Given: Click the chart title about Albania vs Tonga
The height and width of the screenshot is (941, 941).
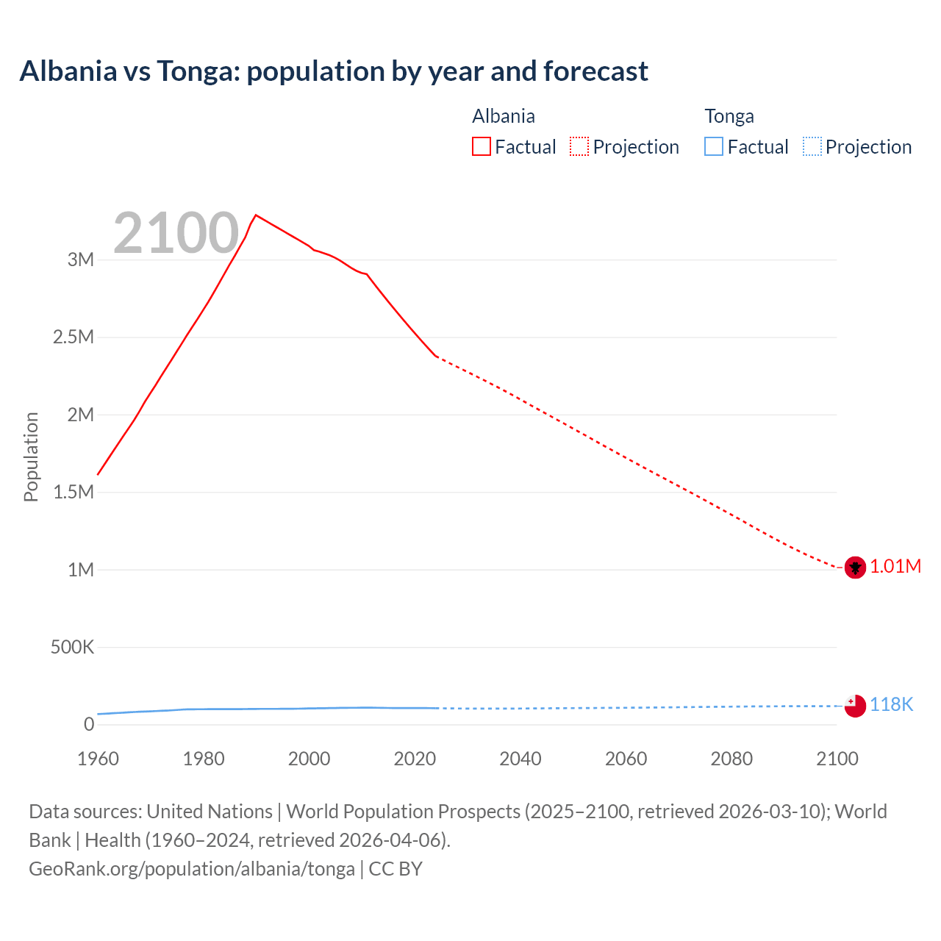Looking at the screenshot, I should (x=334, y=71).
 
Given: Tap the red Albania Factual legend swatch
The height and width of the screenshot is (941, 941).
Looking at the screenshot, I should (x=481, y=147).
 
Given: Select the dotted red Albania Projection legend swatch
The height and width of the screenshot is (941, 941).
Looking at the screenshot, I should (x=579, y=147).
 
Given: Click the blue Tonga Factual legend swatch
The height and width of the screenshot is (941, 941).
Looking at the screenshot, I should (x=714, y=147).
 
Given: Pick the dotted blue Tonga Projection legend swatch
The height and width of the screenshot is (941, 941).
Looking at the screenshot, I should (x=812, y=147).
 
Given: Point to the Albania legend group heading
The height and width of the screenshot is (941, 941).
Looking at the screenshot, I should (x=504, y=116).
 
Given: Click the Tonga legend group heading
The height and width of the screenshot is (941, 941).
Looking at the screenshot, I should (x=729, y=116).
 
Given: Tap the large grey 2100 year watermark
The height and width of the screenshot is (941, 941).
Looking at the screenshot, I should (x=176, y=233).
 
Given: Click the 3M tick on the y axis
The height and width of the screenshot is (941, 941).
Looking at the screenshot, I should (x=81, y=260).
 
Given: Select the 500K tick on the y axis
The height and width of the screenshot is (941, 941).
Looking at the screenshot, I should (x=72, y=647).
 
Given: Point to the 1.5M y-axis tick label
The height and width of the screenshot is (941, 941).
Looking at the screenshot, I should (x=74, y=492).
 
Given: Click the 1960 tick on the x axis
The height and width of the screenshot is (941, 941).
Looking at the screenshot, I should (x=98, y=759).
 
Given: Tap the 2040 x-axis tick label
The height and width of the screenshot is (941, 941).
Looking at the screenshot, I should (x=520, y=759).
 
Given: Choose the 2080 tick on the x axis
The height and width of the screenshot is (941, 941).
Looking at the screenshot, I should (x=731, y=759).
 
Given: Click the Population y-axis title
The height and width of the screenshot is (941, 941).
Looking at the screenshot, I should (x=31, y=457).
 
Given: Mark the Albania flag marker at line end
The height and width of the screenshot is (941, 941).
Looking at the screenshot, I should (x=855, y=568).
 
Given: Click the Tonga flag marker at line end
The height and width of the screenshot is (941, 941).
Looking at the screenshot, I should (x=855, y=706).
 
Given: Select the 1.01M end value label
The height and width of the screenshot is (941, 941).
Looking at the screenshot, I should (x=895, y=566).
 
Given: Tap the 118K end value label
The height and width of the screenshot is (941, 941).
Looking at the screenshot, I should (x=891, y=704).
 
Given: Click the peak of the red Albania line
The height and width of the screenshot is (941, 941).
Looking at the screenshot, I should (x=255, y=215).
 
